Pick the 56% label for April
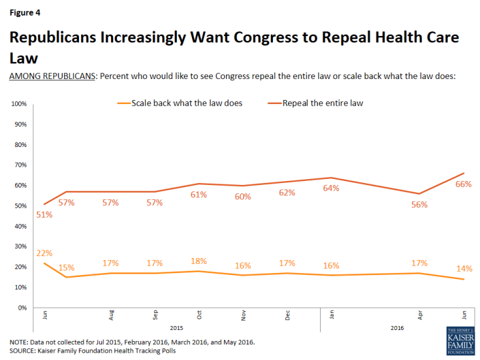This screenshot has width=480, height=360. [x=419, y=205]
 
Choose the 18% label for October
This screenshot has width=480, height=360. [x=199, y=261]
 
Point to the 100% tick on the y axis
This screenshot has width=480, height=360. [x=18, y=104]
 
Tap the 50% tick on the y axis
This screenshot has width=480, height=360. [x=20, y=206]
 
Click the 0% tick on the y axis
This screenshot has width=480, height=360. [x=22, y=307]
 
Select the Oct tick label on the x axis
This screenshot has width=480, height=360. [x=199, y=316]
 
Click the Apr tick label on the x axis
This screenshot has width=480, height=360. [x=420, y=316]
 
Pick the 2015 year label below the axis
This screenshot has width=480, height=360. [x=177, y=327]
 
